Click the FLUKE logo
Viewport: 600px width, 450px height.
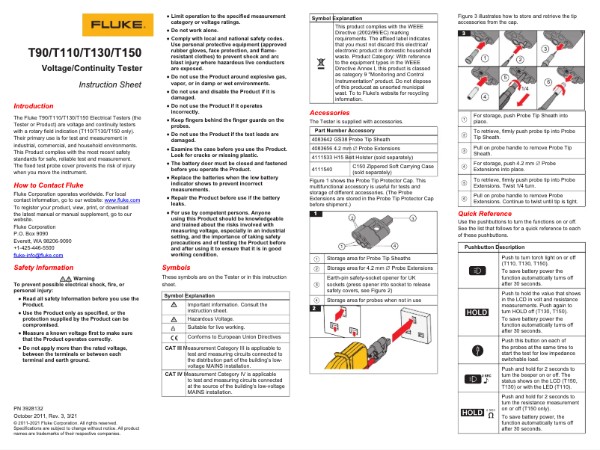pyautogui.click(x=113, y=25)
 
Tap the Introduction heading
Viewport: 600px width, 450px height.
pyautogui.click(x=34, y=106)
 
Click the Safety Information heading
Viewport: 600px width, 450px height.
pyautogui.click(x=43, y=267)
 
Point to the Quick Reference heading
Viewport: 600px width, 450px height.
pyautogui.click(x=485, y=214)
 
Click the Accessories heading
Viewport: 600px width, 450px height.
pyautogui.click(x=329, y=113)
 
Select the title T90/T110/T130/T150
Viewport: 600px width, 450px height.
pyautogui.click(x=85, y=53)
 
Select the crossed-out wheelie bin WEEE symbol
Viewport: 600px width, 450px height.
pyautogui.click(x=321, y=61)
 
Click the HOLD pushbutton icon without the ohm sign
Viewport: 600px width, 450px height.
pyautogui.click(x=477, y=312)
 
